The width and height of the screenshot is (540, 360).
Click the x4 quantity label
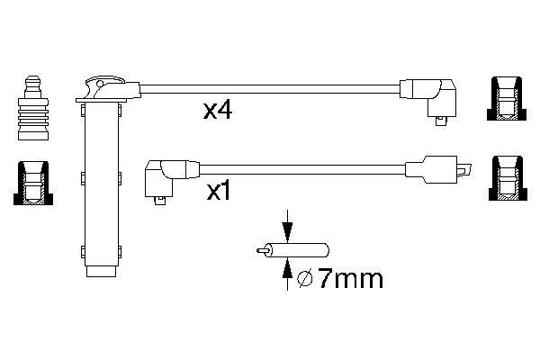[219, 112]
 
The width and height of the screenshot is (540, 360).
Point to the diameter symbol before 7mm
[305, 280]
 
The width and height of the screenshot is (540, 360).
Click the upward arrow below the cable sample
[286, 271]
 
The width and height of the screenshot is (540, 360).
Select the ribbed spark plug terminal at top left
[32, 108]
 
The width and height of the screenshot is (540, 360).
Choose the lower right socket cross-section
[508, 179]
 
